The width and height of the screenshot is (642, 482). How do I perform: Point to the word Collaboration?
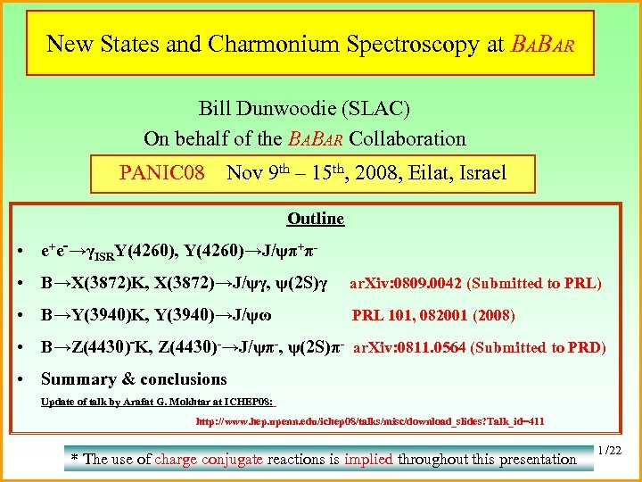click(x=407, y=138)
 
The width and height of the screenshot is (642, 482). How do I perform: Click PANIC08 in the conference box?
click(x=162, y=172)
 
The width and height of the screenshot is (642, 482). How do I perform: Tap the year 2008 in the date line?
click(x=381, y=172)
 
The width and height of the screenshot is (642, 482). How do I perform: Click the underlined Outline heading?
click(x=316, y=219)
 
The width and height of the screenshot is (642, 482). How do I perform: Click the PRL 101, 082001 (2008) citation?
click(x=433, y=315)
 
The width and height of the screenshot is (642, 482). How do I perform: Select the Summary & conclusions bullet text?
click(x=134, y=378)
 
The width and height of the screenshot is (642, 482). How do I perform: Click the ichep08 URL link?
click(x=370, y=421)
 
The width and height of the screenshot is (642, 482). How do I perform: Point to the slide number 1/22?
click(x=612, y=453)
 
